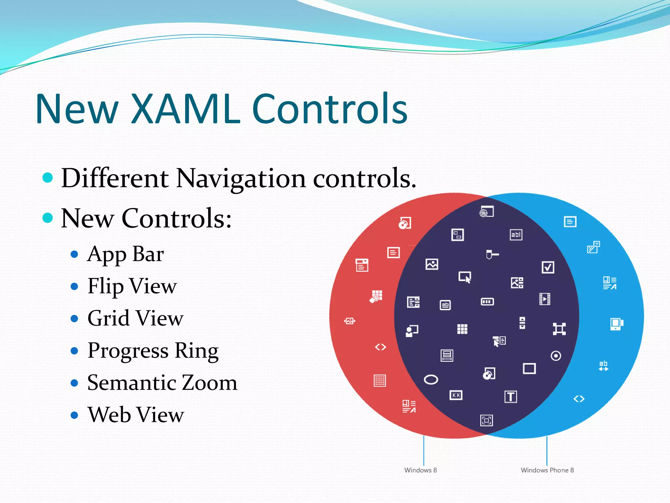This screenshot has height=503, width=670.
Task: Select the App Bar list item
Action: pyautogui.click(x=126, y=254)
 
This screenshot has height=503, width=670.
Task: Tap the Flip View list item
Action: pyautogui.click(x=132, y=286)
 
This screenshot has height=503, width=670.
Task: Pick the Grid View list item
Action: pyautogui.click(x=135, y=318)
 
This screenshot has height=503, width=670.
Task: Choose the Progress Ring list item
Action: pyautogui.click(x=153, y=351)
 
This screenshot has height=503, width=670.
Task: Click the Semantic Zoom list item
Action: pyautogui.click(x=162, y=382)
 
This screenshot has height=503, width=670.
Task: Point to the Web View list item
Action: pyautogui.click(x=136, y=415)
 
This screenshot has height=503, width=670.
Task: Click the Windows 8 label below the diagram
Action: pyautogui.click(x=420, y=470)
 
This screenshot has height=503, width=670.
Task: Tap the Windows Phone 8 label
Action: pyautogui.click(x=547, y=470)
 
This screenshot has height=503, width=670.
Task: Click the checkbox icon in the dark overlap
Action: pyautogui.click(x=548, y=268)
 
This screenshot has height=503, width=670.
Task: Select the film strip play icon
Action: pyautogui.click(x=545, y=299)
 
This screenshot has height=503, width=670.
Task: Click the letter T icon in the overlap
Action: pyautogui.click(x=510, y=397)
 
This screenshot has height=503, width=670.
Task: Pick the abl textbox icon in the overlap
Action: pyautogui.click(x=516, y=234)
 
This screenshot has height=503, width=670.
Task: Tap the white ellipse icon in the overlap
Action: pyautogui.click(x=431, y=380)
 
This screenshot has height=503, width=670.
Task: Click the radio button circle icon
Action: pyautogui.click(x=556, y=356)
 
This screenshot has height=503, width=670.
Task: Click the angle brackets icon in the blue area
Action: pyautogui.click(x=579, y=399)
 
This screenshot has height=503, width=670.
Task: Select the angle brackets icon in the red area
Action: pyautogui.click(x=380, y=347)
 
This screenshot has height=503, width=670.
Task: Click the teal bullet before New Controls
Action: pyautogui.click(x=48, y=217)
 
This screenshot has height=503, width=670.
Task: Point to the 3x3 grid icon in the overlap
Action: pyautogui.click(x=462, y=329)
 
